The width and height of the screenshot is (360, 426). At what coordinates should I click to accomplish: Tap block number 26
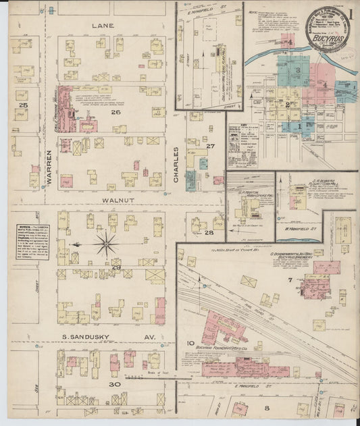115,112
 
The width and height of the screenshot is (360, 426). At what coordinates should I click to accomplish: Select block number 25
24,105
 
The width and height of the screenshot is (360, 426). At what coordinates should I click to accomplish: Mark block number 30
115,384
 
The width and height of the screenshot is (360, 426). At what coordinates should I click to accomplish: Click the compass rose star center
105,243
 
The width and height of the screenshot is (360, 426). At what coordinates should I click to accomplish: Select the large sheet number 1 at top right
351,14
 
